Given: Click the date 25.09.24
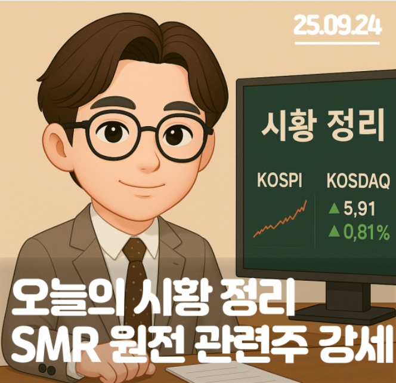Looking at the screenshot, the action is point(337,25).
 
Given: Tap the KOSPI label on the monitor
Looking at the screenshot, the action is point(279,180).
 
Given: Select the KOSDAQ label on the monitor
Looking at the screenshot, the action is point(358,181).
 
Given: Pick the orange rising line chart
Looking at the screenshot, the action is point(280,220).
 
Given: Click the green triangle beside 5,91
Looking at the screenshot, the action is point(334,209).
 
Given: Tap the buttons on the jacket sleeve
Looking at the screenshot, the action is point(47,369).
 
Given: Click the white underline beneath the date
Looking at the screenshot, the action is point(337,44).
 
